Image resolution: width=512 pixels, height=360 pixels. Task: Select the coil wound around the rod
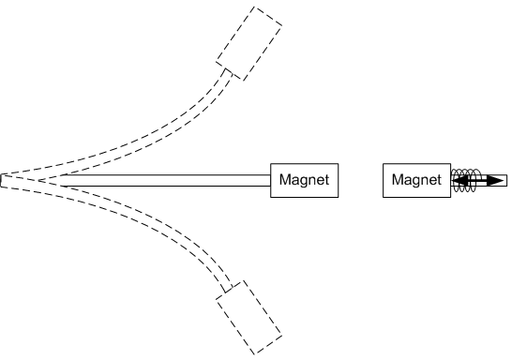[x=463, y=180]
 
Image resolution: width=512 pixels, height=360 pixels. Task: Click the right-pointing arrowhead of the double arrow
[x=495, y=180]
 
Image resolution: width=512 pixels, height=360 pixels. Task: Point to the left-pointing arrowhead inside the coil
[x=459, y=180]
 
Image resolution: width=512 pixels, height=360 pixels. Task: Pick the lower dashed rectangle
[x=248, y=316]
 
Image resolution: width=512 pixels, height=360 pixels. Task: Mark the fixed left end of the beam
[x=6, y=180]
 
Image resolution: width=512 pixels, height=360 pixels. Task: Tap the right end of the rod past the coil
[x=504, y=180]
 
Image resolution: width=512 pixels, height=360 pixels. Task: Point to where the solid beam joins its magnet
[x=271, y=179]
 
